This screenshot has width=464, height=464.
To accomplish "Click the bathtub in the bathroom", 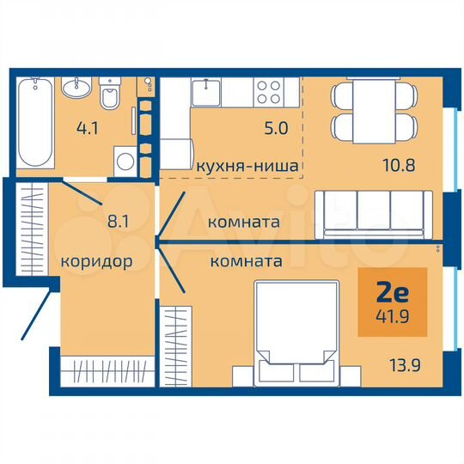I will pyautogui.click(x=35, y=121).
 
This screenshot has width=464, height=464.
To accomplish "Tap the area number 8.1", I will pyautogui.click(x=117, y=219).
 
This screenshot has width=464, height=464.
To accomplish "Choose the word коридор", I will pyautogui.click(x=96, y=261).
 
